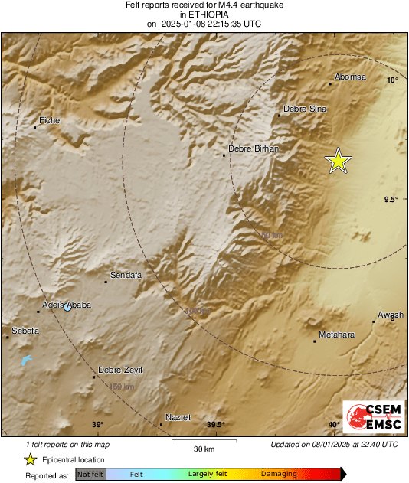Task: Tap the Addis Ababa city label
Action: pos(66,305)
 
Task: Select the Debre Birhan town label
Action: pos(254,148)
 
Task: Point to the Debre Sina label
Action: pos(305,109)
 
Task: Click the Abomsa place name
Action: pos(351,77)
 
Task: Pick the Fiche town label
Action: pos(50,121)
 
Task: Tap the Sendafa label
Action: pos(126,275)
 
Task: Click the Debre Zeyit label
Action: pos(121,370)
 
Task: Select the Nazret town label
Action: pos(178,417)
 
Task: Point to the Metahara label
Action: pos(338,335)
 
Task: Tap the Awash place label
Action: pos(390,315)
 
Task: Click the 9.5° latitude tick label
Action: pos(391,200)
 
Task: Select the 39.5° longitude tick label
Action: pos(215,425)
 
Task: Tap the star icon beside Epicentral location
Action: pos(30,459)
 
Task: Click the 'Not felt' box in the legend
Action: pos(90,474)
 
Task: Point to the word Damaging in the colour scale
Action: pos(279,474)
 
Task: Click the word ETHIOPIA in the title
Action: pos(204,15)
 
